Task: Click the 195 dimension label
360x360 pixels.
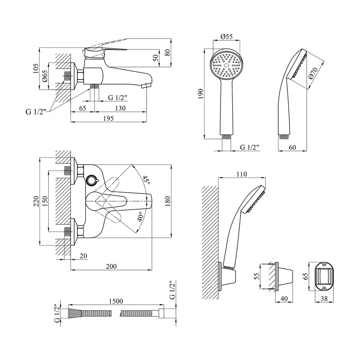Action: point(108,118)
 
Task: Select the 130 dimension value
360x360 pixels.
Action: point(120,108)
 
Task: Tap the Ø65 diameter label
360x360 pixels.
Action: point(45,76)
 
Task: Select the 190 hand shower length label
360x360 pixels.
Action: point(201,94)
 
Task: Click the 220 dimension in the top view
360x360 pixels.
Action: point(36,202)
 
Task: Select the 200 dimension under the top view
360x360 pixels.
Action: point(112,266)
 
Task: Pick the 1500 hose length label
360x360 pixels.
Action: point(116,301)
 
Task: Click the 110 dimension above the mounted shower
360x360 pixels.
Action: point(242,174)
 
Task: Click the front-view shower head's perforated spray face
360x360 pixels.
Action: point(226,65)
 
